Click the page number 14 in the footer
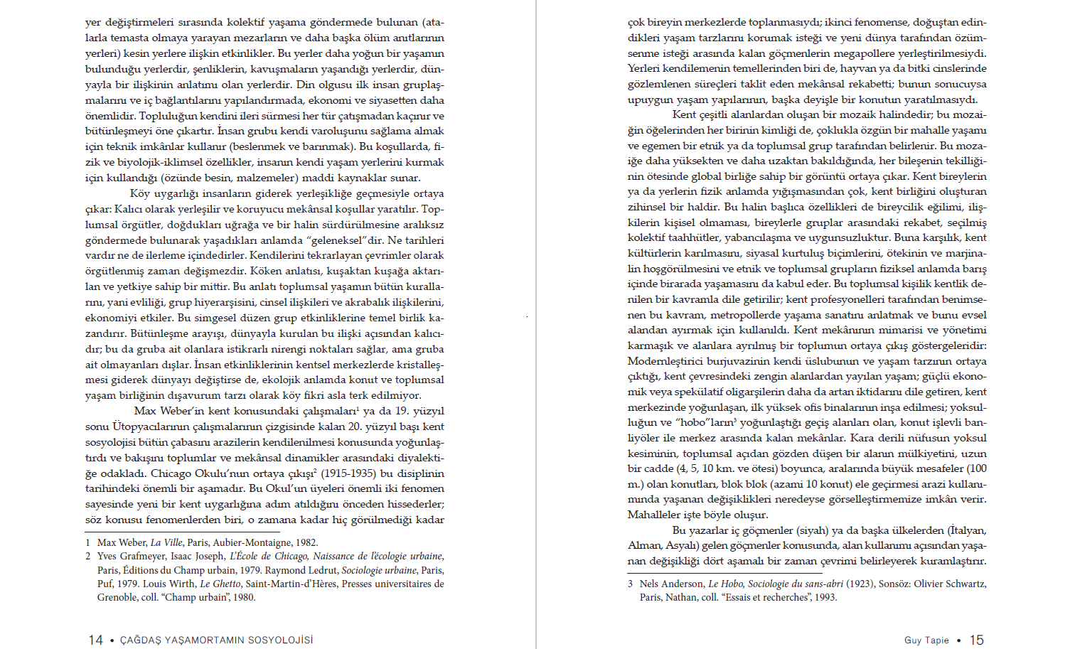[x=95, y=640]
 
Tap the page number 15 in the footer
[x=977, y=640]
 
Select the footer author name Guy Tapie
[x=926, y=640]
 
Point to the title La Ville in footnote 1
[x=166, y=542]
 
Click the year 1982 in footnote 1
[x=306, y=542]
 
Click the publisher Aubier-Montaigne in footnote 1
[x=252, y=542]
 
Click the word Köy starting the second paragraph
[x=139, y=193]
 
